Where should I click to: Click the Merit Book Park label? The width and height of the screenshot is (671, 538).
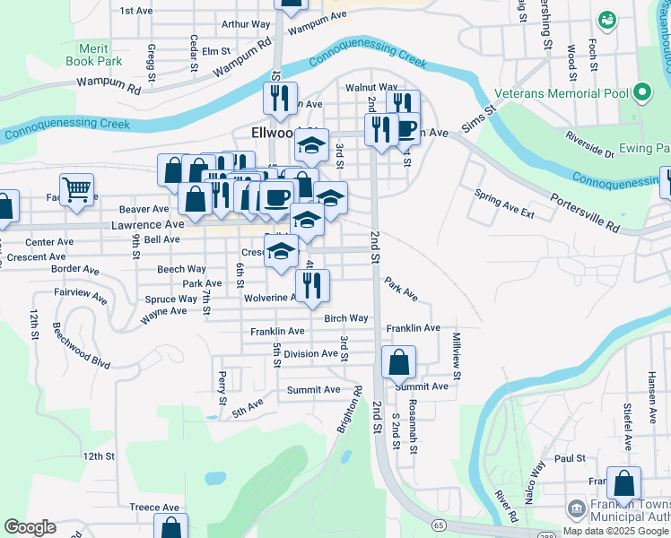93,55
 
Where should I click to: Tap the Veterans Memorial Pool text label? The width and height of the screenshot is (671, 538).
562,91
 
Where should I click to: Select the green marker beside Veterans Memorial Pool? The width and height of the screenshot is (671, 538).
641,91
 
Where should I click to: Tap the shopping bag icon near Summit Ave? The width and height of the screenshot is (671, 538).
398,362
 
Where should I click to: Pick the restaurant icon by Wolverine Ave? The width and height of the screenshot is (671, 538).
312,284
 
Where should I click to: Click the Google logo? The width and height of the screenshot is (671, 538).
30,527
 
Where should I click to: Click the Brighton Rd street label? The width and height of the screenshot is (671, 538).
349,411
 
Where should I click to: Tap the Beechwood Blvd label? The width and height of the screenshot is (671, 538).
81,346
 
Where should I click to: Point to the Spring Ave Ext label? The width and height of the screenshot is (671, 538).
504,204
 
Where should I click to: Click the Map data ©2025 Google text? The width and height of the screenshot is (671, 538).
615,531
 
